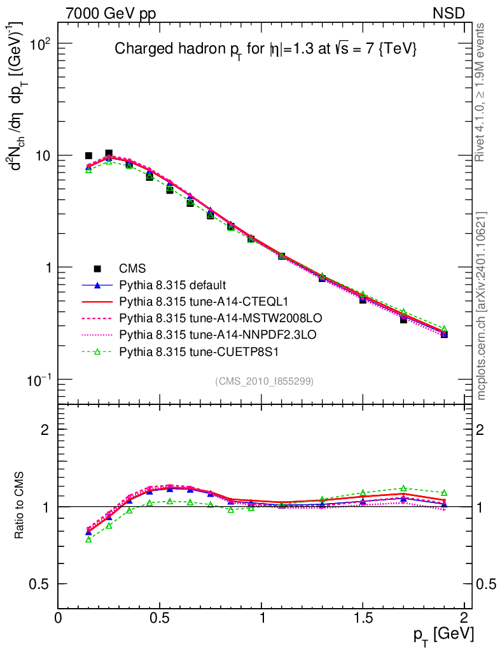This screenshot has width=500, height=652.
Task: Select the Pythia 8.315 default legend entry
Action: tap(172, 285)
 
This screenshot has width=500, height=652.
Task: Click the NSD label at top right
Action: tap(449, 13)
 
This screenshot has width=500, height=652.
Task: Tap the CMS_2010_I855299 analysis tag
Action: tap(265, 381)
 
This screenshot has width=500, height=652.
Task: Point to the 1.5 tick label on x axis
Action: tap(363, 617)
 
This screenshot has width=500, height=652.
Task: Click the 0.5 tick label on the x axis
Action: tap(160, 617)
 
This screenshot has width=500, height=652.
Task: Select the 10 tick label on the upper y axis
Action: tap(43, 156)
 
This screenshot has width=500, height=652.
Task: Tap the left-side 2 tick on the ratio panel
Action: tap(46, 430)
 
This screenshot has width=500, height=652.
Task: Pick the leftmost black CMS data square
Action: tap(88, 155)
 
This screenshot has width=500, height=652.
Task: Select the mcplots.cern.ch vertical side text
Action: tap(482, 306)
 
